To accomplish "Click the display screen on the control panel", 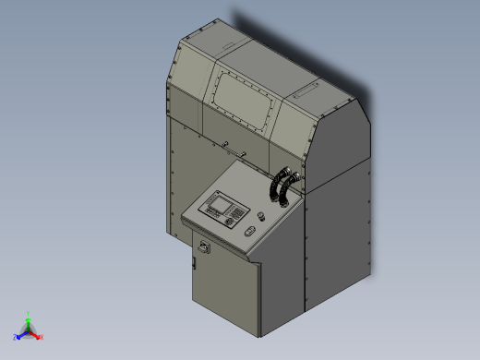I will point(219,201).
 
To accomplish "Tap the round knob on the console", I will point(260,215).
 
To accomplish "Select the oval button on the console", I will point(248,232).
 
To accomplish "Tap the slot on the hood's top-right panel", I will point(304,91).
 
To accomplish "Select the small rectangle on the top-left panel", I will point(222,44).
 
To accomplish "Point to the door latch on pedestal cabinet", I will point(194,265).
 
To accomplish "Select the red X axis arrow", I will point(36,335).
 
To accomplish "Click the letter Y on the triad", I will point(29,313).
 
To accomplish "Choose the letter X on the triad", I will point(42,337).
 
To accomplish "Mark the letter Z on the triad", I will point(15,338).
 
